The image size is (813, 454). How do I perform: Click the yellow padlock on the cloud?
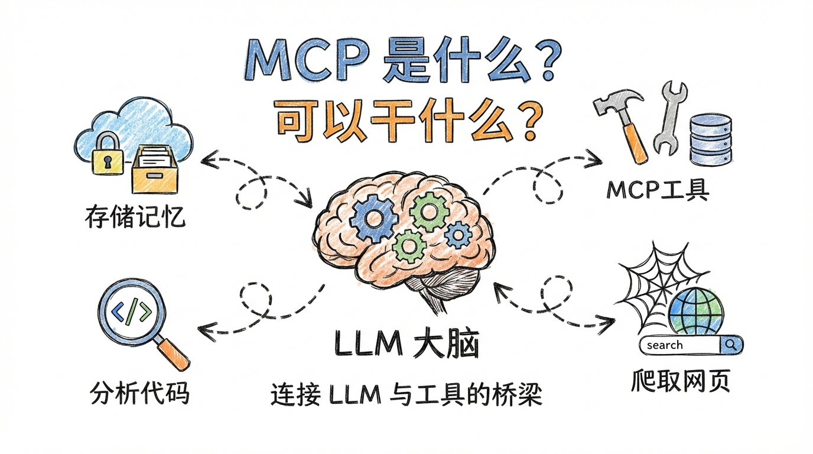point(108,155)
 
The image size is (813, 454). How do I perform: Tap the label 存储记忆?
point(135,218)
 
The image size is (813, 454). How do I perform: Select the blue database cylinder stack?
point(711,139)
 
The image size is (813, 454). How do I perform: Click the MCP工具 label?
point(658,190)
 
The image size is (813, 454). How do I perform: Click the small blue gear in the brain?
point(458,236)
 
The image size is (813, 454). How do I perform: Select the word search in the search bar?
point(665,345)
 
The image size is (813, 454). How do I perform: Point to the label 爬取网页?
point(680,381)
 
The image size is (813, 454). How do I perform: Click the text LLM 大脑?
point(406,345)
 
